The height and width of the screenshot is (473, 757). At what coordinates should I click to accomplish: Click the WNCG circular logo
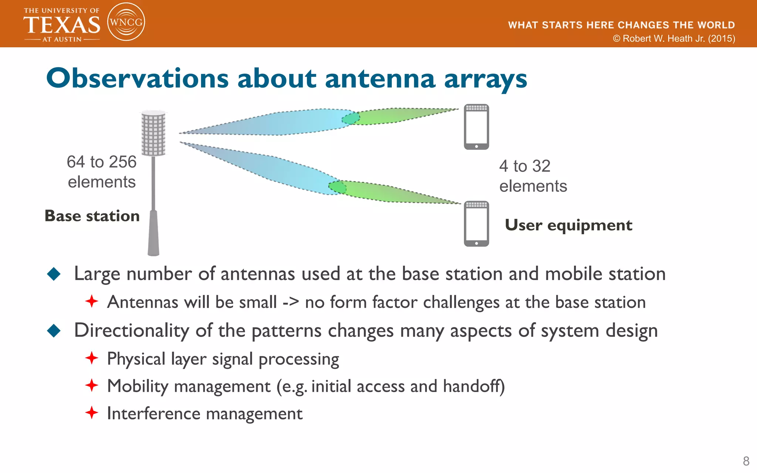point(126,22)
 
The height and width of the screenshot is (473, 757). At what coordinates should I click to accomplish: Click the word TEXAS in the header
point(62,25)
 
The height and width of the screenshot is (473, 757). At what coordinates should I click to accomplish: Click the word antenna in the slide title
point(380,78)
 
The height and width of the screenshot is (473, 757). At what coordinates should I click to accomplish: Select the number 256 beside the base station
point(122,162)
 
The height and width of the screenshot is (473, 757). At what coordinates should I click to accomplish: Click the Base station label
point(92,216)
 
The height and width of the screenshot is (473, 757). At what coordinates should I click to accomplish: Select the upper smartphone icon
point(476,127)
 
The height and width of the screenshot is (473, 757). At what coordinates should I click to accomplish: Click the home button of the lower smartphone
point(476,243)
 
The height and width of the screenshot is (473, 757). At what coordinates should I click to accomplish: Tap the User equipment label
point(568,225)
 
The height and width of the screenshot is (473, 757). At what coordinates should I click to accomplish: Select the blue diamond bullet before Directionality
point(54,330)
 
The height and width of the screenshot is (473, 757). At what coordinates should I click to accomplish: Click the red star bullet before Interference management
point(92,412)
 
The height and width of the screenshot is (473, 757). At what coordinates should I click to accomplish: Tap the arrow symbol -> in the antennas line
point(291,302)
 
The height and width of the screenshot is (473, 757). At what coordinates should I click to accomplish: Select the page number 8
point(746,461)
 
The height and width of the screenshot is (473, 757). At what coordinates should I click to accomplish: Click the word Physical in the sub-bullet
point(136,359)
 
